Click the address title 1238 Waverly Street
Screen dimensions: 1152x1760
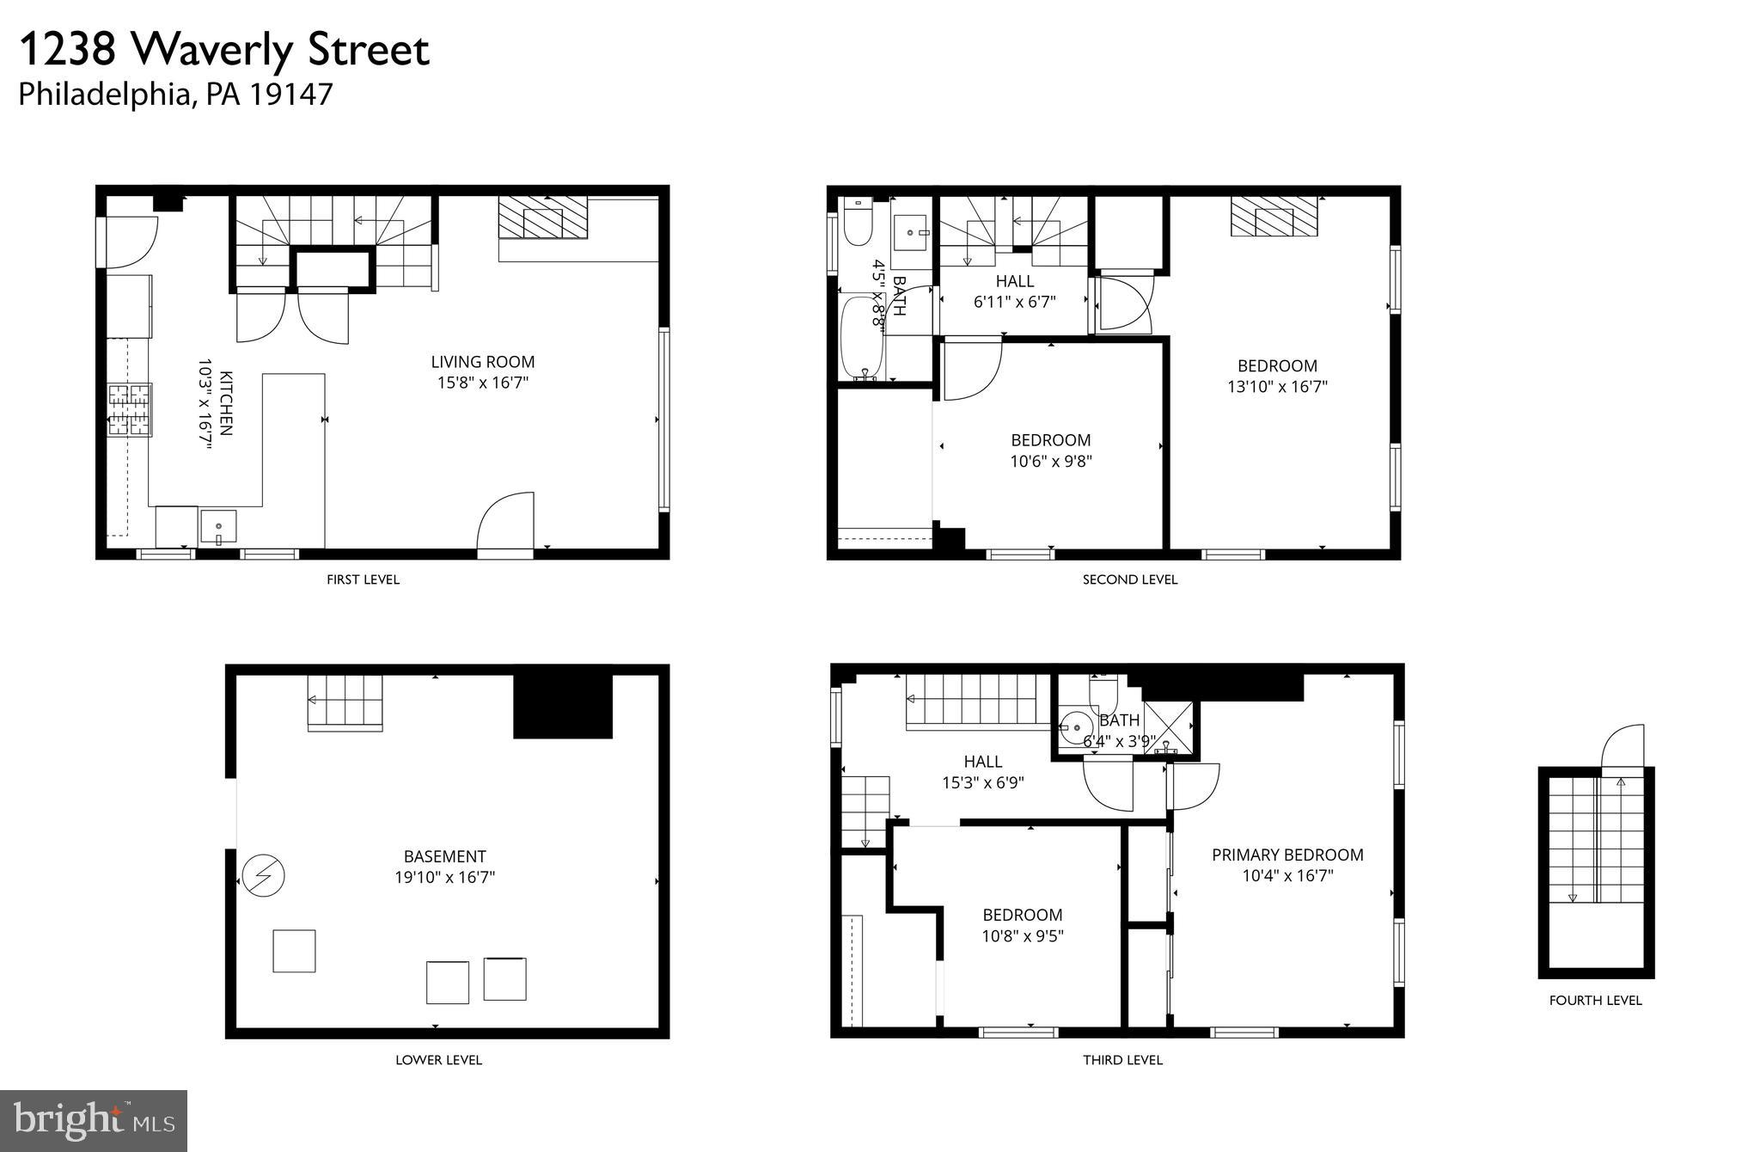(x=223, y=50)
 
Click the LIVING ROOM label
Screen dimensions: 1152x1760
(x=482, y=362)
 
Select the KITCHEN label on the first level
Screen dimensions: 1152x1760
(x=226, y=403)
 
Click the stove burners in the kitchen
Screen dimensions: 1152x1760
(x=129, y=409)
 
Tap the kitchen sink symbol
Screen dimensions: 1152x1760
(x=218, y=527)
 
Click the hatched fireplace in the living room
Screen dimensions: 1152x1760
(x=542, y=217)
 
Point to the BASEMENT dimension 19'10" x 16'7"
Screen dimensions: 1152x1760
(x=444, y=878)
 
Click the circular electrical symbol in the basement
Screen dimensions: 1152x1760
(x=263, y=876)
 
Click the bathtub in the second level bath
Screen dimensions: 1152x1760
(x=862, y=338)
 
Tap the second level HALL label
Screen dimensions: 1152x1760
(x=1015, y=281)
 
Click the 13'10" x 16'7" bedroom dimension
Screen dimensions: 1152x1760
(x=1277, y=387)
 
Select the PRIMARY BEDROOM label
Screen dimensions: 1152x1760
(x=1287, y=855)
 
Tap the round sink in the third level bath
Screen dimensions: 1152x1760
(x=1074, y=727)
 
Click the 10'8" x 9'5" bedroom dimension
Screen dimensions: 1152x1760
(x=1023, y=936)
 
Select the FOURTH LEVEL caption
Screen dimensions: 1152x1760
(x=1595, y=1000)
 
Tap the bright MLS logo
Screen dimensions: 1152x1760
(x=94, y=1120)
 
